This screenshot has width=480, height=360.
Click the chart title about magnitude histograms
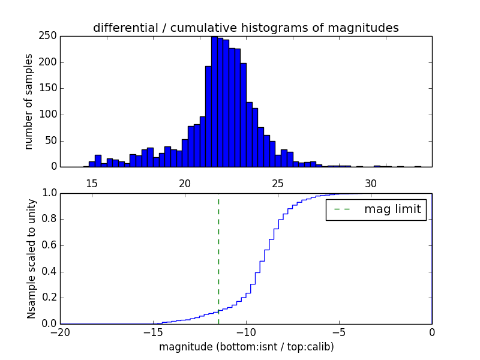tap(245, 28)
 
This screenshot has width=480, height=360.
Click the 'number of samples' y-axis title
tap(29, 101)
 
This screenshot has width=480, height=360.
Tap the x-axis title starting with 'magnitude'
tap(246, 347)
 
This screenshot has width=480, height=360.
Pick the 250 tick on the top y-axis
tap(50, 36)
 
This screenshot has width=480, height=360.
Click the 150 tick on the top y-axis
tap(50, 88)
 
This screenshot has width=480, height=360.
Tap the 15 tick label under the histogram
tap(92, 183)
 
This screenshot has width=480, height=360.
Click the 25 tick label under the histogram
tap(278, 183)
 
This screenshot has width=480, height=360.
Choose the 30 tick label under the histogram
tap(371, 183)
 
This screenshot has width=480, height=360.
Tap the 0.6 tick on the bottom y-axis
tap(49, 245)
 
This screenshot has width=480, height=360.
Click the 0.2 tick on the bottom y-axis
tap(49, 298)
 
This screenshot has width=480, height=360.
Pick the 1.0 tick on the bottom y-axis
tap(49, 193)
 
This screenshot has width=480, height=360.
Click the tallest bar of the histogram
tap(214, 102)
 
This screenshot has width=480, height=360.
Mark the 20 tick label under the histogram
tap(185, 183)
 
